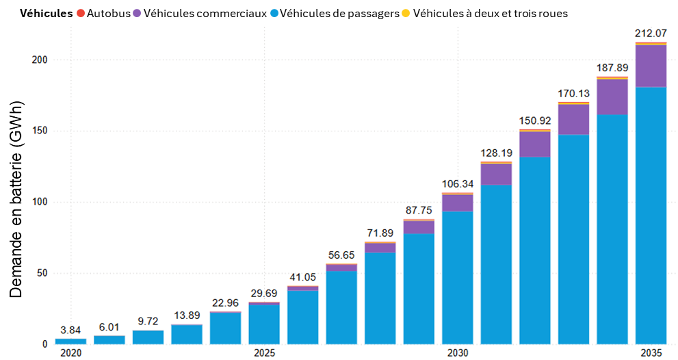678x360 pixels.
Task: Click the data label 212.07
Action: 651,33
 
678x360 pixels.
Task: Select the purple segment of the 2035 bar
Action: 651,66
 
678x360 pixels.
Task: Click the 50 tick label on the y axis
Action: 42,273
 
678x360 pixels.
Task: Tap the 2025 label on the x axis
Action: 264,353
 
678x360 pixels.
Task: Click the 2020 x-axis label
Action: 70,353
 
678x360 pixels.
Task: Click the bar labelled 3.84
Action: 70,341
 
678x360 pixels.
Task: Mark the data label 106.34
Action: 457,183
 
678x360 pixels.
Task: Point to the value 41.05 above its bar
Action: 302,277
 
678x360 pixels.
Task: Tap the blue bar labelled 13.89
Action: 187,334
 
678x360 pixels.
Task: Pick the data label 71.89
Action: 380,233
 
